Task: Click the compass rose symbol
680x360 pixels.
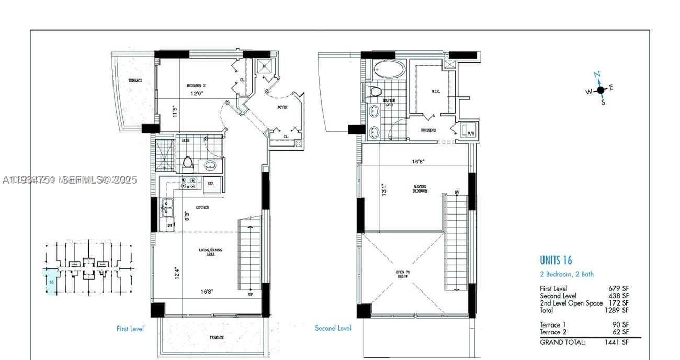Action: click(x=600, y=90)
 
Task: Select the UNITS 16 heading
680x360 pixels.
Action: click(x=556, y=260)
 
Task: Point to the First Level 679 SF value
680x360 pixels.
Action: click(x=618, y=288)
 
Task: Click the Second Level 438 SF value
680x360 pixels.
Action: click(x=618, y=296)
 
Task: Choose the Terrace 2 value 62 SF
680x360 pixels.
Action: click(x=620, y=332)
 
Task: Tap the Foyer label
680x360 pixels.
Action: click(x=282, y=107)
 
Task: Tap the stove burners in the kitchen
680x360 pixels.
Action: click(x=188, y=183)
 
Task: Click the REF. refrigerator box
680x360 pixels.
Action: click(x=211, y=184)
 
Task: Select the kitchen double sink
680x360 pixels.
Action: click(x=168, y=208)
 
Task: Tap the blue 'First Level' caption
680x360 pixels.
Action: click(x=130, y=329)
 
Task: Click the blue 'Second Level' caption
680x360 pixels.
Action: click(x=333, y=328)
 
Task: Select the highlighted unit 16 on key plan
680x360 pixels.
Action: click(x=51, y=283)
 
